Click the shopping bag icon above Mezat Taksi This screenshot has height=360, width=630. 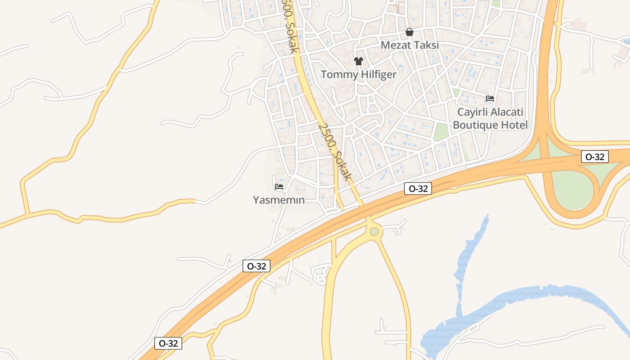[409, 32]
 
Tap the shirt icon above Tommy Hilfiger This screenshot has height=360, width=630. [358, 61]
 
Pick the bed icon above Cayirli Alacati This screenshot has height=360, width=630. [490, 99]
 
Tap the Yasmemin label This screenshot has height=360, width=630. [279, 200]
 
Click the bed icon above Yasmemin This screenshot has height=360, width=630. [279, 187]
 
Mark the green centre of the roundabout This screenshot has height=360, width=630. [374, 232]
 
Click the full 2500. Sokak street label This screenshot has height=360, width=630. [334, 151]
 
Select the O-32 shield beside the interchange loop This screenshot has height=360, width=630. [595, 157]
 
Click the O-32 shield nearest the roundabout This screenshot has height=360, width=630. [418, 189]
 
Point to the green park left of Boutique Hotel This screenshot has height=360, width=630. [441, 132]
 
